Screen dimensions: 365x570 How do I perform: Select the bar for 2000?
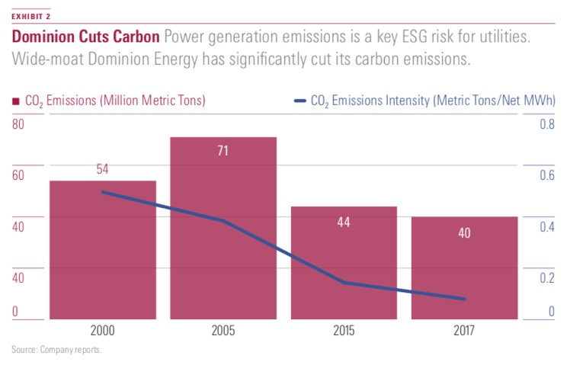pos(103,251)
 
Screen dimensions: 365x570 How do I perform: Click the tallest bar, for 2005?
pos(223,229)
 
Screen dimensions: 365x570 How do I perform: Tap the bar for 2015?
pos(343,263)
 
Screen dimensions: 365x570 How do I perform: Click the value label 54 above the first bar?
pos(102,169)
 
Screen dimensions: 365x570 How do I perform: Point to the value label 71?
pos(223,151)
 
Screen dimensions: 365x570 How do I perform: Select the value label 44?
pos(343,223)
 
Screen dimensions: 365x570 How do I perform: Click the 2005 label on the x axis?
pos(223,331)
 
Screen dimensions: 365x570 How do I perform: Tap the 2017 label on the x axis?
pos(464,331)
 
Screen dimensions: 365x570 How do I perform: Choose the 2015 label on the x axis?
pos(343,331)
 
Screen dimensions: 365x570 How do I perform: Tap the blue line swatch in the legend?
pos(299,100)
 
